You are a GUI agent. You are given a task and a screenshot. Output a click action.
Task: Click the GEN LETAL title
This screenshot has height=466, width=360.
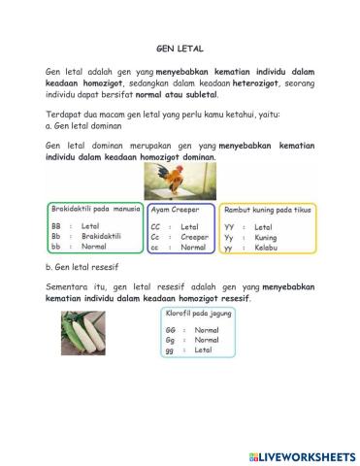click(x=179, y=46)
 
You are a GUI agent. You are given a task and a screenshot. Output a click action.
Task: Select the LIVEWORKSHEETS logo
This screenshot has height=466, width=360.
click(x=301, y=455)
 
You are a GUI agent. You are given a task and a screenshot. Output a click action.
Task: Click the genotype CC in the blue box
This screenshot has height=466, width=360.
click(x=154, y=226)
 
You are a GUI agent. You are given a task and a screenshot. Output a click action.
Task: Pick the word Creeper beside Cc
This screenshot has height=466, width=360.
click(x=194, y=236)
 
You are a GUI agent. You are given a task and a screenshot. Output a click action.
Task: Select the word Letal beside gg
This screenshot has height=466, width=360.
click(x=203, y=350)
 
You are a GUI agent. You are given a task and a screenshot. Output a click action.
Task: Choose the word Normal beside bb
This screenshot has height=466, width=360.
click(x=94, y=247)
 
